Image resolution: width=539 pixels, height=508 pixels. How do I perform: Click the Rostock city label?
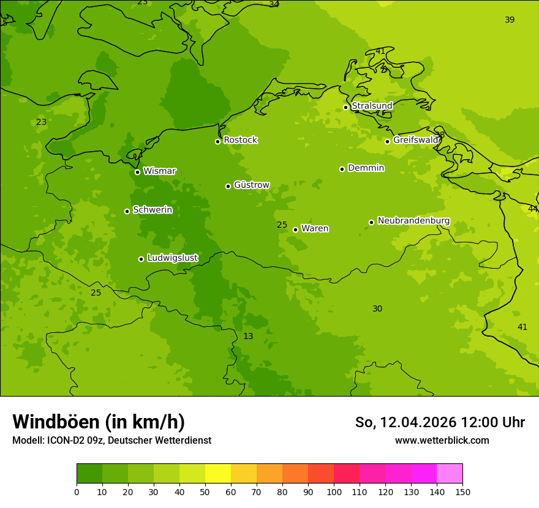coord(240,140)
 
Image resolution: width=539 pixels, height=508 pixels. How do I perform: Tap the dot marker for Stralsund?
coord(345,107)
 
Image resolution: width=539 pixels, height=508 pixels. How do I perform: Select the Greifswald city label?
coord(415,140)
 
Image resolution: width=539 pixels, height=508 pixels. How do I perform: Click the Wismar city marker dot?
coord(137,172)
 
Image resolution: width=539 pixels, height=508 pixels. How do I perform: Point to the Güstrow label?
coord(251,185)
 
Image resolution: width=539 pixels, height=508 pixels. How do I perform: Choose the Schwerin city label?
coord(153,210)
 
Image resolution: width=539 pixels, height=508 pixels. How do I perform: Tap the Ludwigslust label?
coord(172,258)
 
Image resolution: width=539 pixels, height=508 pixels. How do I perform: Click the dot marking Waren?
coord(295,230)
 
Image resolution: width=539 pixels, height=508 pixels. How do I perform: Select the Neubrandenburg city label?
coord(413,221)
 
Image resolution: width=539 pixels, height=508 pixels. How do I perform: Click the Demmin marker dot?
coord(342,169)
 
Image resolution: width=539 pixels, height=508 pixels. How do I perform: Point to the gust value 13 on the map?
coord(248,336)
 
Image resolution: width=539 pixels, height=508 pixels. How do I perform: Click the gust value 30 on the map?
coord(377,308)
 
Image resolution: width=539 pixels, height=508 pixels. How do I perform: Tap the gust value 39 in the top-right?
coord(510,20)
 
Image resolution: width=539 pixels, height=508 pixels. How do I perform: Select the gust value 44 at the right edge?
coord(532,209)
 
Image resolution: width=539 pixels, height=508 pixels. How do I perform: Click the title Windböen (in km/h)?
coord(99,422)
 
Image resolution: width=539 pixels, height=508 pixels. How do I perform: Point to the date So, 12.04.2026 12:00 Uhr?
coord(440,422)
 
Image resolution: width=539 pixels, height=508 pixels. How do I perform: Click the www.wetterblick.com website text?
coord(442,440)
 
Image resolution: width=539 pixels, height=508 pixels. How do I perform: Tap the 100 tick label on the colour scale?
coord(334,491)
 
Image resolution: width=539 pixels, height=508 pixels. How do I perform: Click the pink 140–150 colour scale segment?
coord(450,474)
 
